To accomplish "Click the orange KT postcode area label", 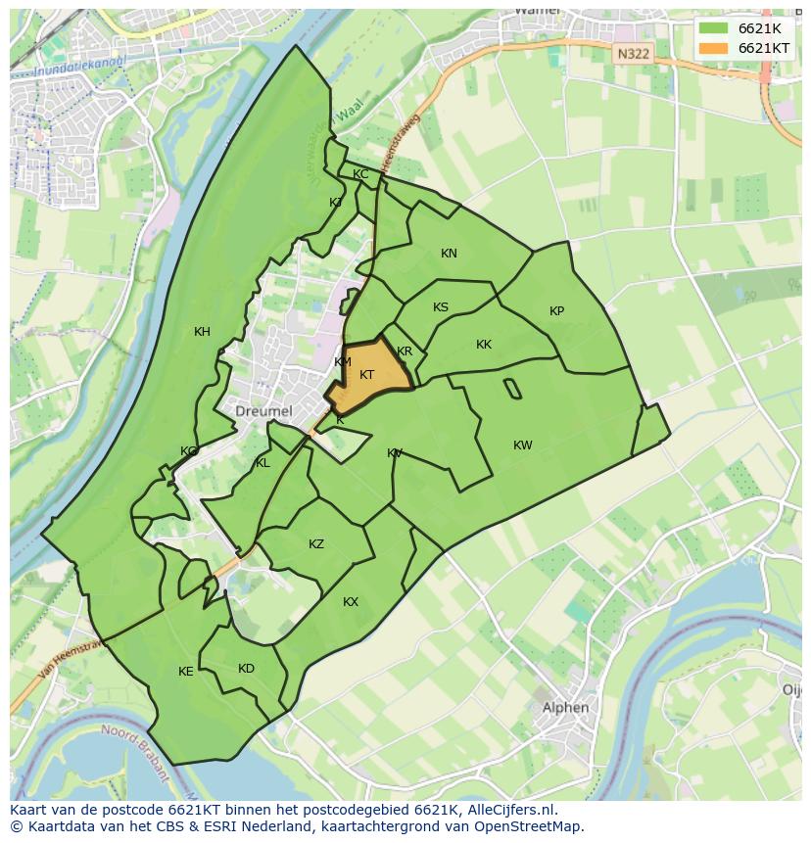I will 367,375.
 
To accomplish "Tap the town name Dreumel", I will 263,411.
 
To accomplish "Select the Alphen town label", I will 566,707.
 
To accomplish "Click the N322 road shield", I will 634,55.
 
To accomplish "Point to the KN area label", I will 449,254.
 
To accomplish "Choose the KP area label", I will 556,311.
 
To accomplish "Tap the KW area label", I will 523,445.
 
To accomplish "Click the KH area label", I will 202,332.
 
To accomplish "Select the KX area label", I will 351,602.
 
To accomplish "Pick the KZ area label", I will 316,544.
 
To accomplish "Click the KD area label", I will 246,669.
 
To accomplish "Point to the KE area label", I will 186,672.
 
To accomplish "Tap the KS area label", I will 441,307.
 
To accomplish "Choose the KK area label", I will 484,345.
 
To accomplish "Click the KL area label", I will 262,463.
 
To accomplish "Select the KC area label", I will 360,174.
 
